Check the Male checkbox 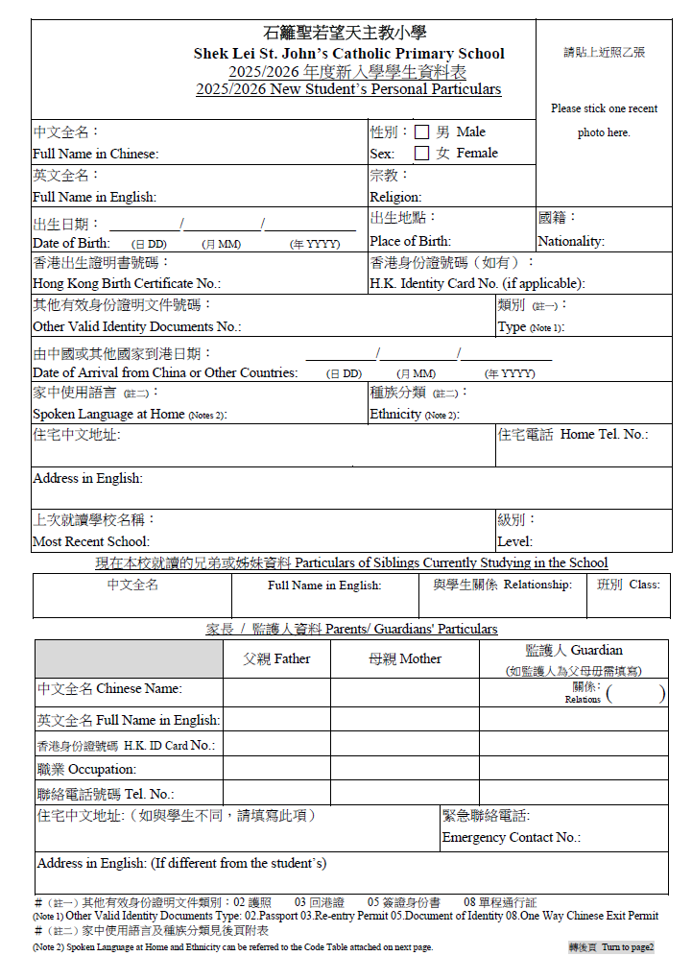pyautogui.click(x=421, y=132)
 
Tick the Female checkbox pyautogui.click(x=421, y=153)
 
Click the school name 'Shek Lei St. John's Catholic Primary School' pyautogui.click(x=348, y=54)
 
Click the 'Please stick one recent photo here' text pyautogui.click(x=604, y=120)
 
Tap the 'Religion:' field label pyautogui.click(x=395, y=197)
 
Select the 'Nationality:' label pyautogui.click(x=571, y=241)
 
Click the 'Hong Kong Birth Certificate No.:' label pyautogui.click(x=127, y=283)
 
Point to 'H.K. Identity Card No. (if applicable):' pyautogui.click(x=477, y=283)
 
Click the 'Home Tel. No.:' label pyautogui.click(x=604, y=435)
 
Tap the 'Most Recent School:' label pyautogui.click(x=91, y=541)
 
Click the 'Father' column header pyautogui.click(x=276, y=658)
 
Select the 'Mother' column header pyautogui.click(x=404, y=658)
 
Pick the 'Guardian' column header pyautogui.click(x=573, y=650)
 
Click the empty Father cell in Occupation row pyautogui.click(x=276, y=769)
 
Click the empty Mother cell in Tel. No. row pyautogui.click(x=404, y=793)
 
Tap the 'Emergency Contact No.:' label pyautogui.click(x=511, y=837)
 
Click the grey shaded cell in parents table pyautogui.click(x=129, y=658)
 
